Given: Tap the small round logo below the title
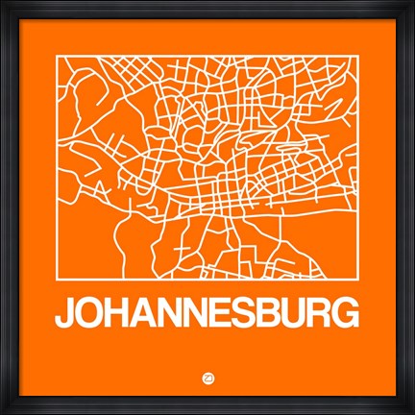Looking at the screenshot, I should (207, 376).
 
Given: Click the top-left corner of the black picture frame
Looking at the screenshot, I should (2, 2).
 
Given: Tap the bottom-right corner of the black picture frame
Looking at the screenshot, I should (412, 412).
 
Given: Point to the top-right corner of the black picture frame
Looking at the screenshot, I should (412, 2).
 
